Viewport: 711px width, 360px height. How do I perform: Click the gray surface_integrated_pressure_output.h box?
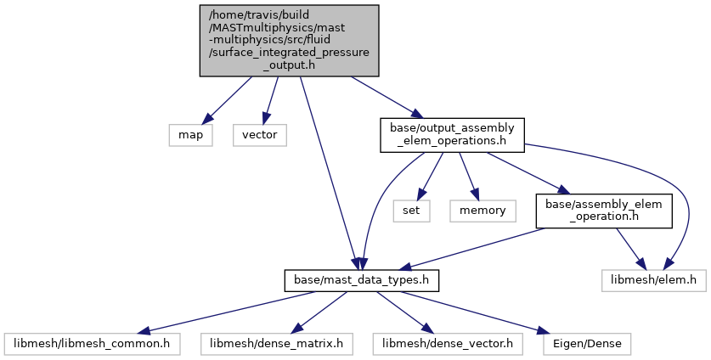tap(290, 41)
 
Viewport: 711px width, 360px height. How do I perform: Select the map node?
tap(190, 135)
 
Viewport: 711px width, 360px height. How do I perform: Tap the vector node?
tap(260, 135)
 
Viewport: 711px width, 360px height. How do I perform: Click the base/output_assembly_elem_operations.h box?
tap(452, 135)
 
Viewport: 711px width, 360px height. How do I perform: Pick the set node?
tap(411, 211)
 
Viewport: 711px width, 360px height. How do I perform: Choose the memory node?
tap(482, 211)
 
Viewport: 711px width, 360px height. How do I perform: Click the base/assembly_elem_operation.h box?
tap(603, 211)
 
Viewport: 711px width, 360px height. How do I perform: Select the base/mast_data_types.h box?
tap(361, 280)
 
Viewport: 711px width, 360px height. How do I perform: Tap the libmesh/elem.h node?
tap(654, 280)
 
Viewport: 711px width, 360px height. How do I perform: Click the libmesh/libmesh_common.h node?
tap(92, 344)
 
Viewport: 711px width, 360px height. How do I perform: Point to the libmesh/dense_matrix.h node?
tap(277, 344)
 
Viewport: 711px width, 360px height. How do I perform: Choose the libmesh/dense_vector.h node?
tap(448, 344)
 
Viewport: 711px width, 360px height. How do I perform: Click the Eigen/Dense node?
tap(587, 344)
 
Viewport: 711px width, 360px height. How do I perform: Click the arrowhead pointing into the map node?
tap(206, 118)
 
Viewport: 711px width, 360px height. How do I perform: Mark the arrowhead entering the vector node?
tap(267, 118)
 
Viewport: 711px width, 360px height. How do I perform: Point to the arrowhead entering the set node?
tap(420, 194)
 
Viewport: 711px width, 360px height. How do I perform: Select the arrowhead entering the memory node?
tap(474, 194)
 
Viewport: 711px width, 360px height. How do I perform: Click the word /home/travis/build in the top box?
tap(259, 15)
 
